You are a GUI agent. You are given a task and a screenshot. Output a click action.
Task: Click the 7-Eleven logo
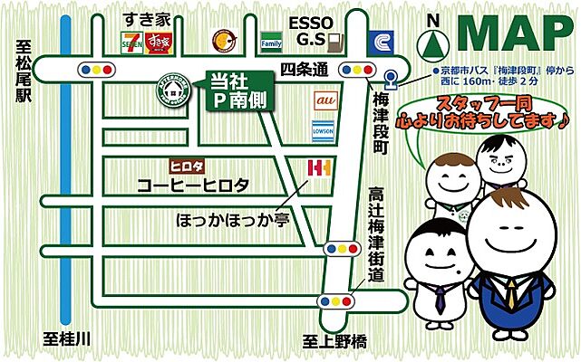tap(132, 41)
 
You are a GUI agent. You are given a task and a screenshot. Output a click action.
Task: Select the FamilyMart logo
tap(271, 42)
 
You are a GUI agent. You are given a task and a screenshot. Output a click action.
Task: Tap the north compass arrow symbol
tap(435, 41)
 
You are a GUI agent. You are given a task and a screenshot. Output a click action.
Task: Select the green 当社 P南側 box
tap(237, 90)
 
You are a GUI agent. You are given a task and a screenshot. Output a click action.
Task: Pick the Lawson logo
tap(324, 128)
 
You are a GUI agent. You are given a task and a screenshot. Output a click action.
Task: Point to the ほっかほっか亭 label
tap(226, 219)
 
